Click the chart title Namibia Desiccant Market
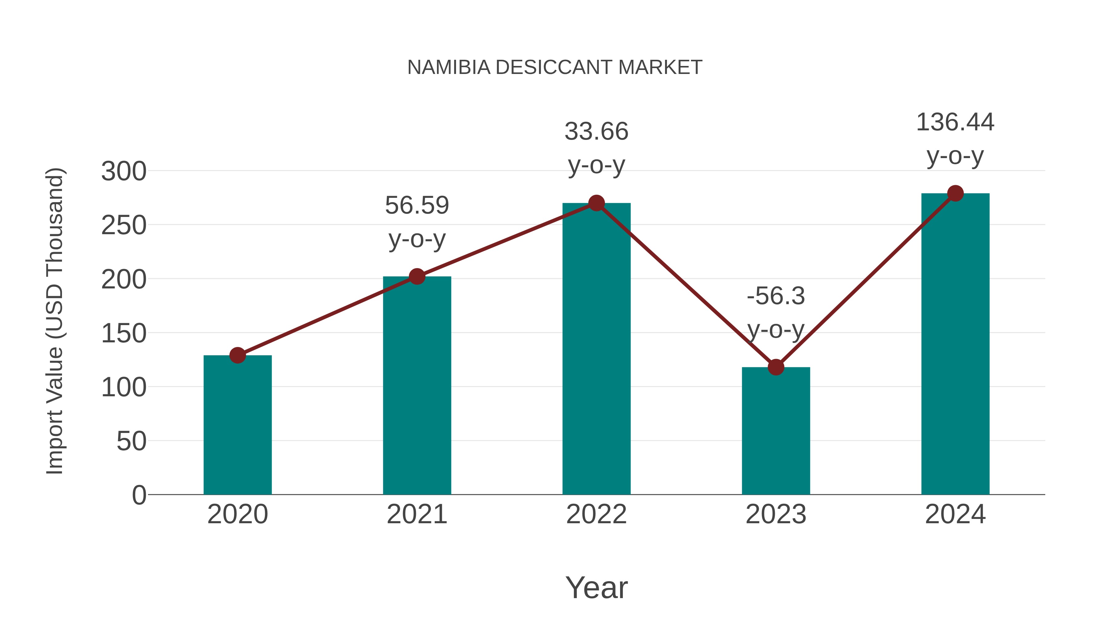tap(555, 67)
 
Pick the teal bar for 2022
tap(596, 349)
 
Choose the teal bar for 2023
tap(776, 431)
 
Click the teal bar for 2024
tap(955, 345)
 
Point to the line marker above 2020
tap(237, 355)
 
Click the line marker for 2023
tap(776, 367)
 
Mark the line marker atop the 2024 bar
tap(955, 193)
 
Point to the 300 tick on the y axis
tap(124, 171)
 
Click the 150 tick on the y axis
tap(124, 333)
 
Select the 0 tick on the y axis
tap(139, 495)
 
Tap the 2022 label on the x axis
tap(596, 514)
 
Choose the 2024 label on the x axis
tap(955, 514)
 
